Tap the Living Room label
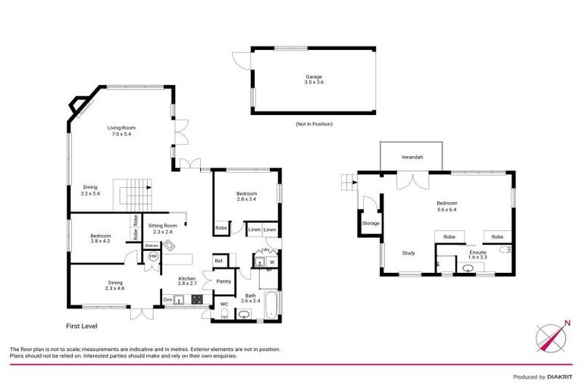click(121, 130)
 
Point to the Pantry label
click(224, 281)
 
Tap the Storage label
click(371, 224)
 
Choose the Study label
click(408, 253)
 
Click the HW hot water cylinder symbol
click(153, 257)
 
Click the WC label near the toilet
click(224, 305)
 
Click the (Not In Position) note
click(314, 124)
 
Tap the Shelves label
click(152, 245)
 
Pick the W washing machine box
click(272, 263)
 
